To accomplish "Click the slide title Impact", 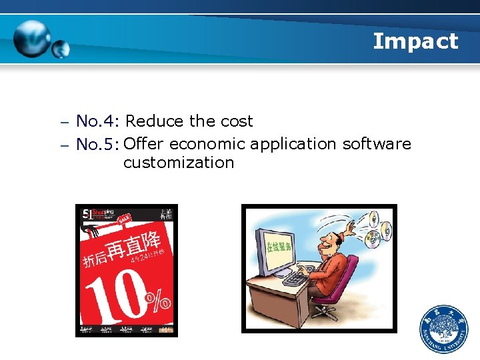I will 415,41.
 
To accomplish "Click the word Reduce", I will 155,121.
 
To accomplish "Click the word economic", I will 207,144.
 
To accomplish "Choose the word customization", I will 179,163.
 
